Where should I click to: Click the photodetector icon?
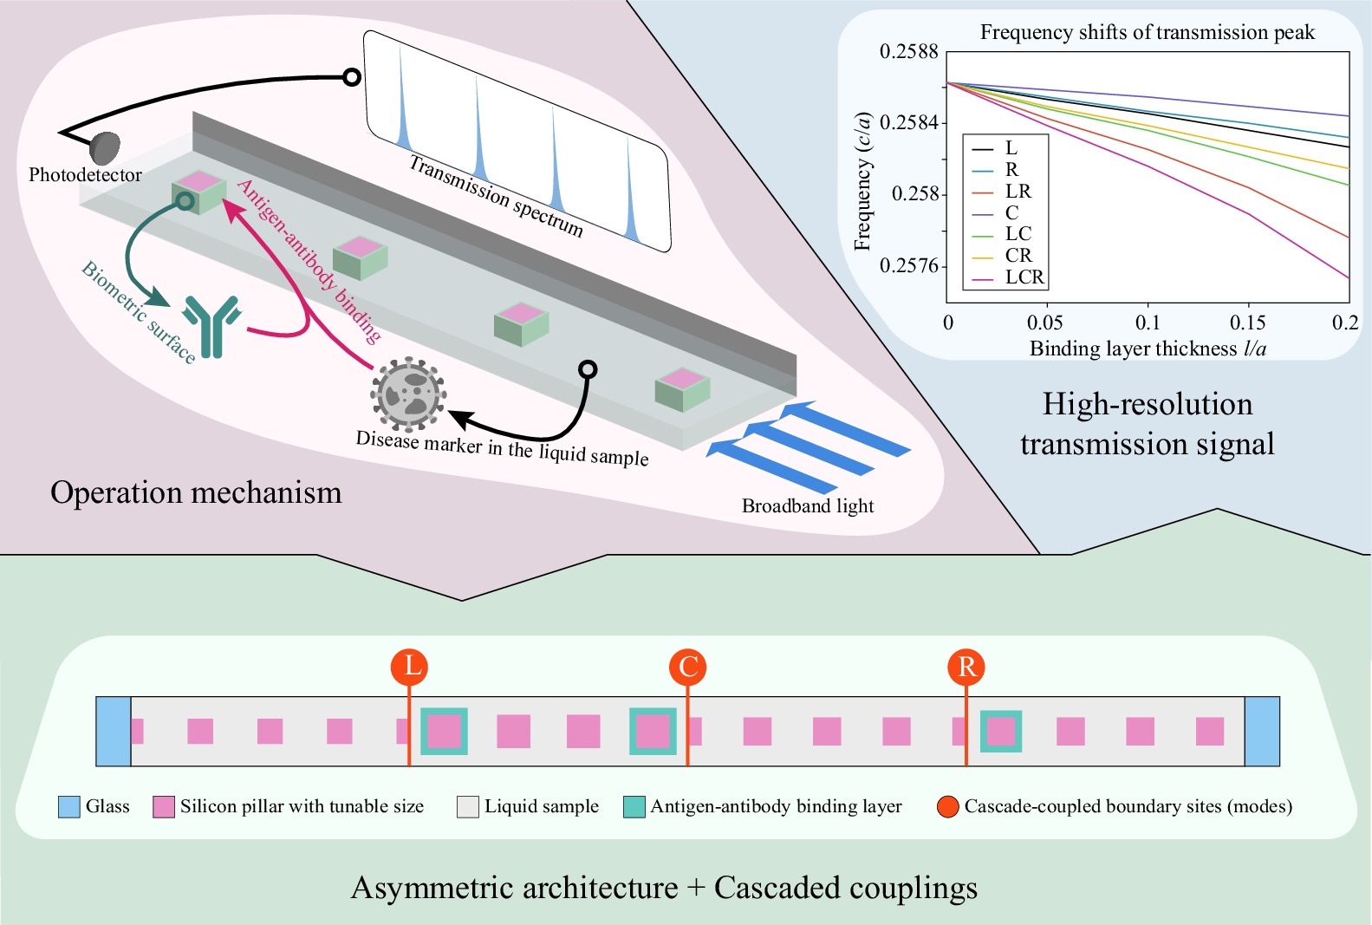[x=105, y=147]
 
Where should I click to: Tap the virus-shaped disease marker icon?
[x=408, y=394]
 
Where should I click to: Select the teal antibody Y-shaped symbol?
[x=211, y=325]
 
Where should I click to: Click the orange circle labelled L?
[x=409, y=667]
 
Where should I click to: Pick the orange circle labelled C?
[x=688, y=667]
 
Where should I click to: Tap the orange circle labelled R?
[x=966, y=667]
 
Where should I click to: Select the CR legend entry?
[x=1018, y=256]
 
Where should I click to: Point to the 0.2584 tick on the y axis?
[x=908, y=122]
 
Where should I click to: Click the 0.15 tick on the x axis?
[x=1248, y=322]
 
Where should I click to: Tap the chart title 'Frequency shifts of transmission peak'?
[x=1147, y=33]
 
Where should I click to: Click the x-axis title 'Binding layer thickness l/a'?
[x=1148, y=349]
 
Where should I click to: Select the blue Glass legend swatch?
[x=69, y=807]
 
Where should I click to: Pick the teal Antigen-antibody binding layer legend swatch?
[x=634, y=807]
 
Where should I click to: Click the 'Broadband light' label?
[x=808, y=506]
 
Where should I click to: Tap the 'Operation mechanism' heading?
[x=196, y=492]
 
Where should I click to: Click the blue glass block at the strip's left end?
[x=114, y=731]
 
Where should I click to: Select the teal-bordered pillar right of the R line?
[x=1001, y=731]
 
